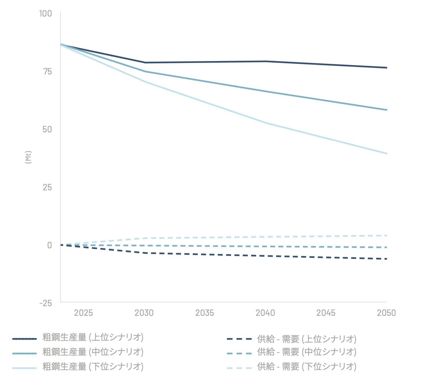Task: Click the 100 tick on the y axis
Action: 45,14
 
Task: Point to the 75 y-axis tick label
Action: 47,71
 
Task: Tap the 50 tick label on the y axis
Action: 47,129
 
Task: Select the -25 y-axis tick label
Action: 45,303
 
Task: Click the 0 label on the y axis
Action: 49,245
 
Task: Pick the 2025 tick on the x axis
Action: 83,313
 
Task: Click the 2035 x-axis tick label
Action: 205,313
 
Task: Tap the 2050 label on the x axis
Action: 386,313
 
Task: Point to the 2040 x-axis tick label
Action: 265,313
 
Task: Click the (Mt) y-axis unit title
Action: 28,157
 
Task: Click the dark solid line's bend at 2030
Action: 145,63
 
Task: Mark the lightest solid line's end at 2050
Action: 386,154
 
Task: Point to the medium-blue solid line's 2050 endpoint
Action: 386,110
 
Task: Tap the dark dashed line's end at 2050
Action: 386,259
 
